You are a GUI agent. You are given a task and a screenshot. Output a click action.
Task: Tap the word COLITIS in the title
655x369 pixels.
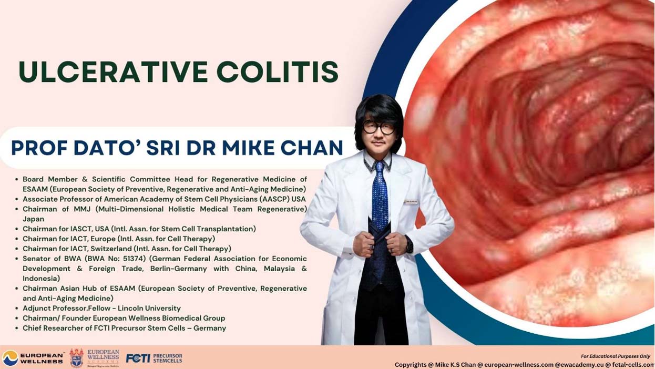tap(278, 72)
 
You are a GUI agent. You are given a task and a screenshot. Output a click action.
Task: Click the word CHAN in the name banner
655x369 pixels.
tap(312, 148)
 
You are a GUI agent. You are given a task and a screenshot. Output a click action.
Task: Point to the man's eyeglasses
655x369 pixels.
tap(378, 128)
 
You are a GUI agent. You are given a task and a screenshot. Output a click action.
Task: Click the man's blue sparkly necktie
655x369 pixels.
tap(380, 196)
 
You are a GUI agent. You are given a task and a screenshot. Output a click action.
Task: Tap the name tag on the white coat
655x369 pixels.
tap(411, 202)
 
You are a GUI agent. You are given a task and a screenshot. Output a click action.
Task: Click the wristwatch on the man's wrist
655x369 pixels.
tap(409, 245)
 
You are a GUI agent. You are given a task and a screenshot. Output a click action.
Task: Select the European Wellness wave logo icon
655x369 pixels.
tap(10, 358)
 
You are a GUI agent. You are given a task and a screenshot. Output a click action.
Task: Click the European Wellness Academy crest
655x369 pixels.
tap(77, 357)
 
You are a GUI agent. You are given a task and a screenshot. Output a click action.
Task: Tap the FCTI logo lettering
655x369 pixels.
tap(138, 358)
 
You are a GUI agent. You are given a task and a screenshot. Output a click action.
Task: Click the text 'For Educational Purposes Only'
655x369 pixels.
tap(615, 356)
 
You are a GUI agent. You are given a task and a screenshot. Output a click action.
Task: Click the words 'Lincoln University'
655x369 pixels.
tap(149, 308)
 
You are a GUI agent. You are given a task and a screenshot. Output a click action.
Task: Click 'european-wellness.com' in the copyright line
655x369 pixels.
tap(519, 365)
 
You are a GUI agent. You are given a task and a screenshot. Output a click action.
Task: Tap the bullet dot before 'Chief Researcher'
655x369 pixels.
tap(17, 328)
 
